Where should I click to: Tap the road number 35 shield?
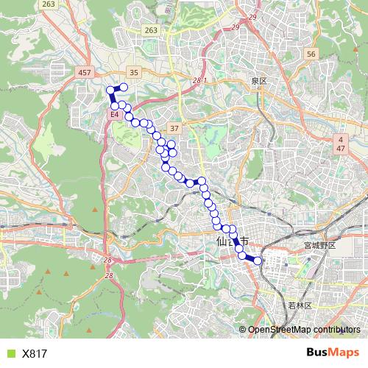pos(133,72)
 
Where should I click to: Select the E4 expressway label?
pos(115,116)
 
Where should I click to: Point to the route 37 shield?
pos(174,127)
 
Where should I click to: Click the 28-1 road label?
pos(199,79)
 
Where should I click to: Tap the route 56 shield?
pos(311,54)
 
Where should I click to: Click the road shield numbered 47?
pos(341,149)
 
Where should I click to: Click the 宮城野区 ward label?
pos(319,244)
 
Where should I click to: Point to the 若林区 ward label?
pos(300,305)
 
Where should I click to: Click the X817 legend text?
pos(35,353)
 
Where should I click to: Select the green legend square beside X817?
pos(10,353)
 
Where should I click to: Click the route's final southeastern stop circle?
pos(258,260)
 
